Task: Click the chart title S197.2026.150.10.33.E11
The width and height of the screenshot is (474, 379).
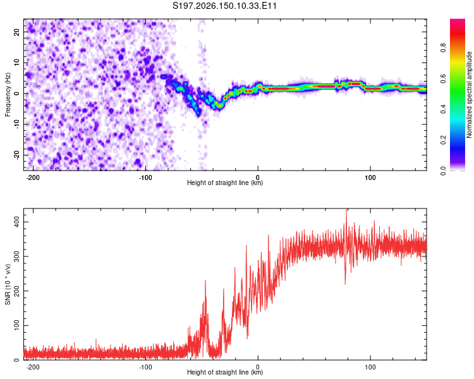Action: point(224,6)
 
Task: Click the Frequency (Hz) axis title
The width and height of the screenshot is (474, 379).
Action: point(8,95)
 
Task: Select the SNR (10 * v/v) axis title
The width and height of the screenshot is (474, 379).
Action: point(8,284)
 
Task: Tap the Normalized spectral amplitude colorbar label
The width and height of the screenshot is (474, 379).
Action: point(469,95)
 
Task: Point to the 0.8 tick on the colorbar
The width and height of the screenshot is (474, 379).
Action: point(443,48)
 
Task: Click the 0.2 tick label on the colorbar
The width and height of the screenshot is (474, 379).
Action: point(443,140)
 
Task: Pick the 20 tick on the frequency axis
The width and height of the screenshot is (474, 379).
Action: point(17,32)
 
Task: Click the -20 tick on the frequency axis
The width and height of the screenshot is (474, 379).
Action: point(17,155)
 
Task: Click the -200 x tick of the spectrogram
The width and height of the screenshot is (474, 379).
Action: point(33,177)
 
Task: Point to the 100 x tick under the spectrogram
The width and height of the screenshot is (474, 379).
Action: point(370,177)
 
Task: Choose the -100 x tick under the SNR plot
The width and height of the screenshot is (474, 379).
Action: point(145,367)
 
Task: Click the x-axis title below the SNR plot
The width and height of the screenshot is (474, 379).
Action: point(225,372)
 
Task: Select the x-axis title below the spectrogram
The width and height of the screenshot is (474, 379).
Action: point(225,183)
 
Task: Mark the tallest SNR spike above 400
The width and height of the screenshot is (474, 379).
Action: point(346,210)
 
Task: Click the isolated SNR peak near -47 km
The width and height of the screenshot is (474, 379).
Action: point(205,281)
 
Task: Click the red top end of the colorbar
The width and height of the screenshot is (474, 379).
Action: point(458,21)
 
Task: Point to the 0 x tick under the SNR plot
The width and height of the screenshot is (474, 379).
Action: point(258,367)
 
